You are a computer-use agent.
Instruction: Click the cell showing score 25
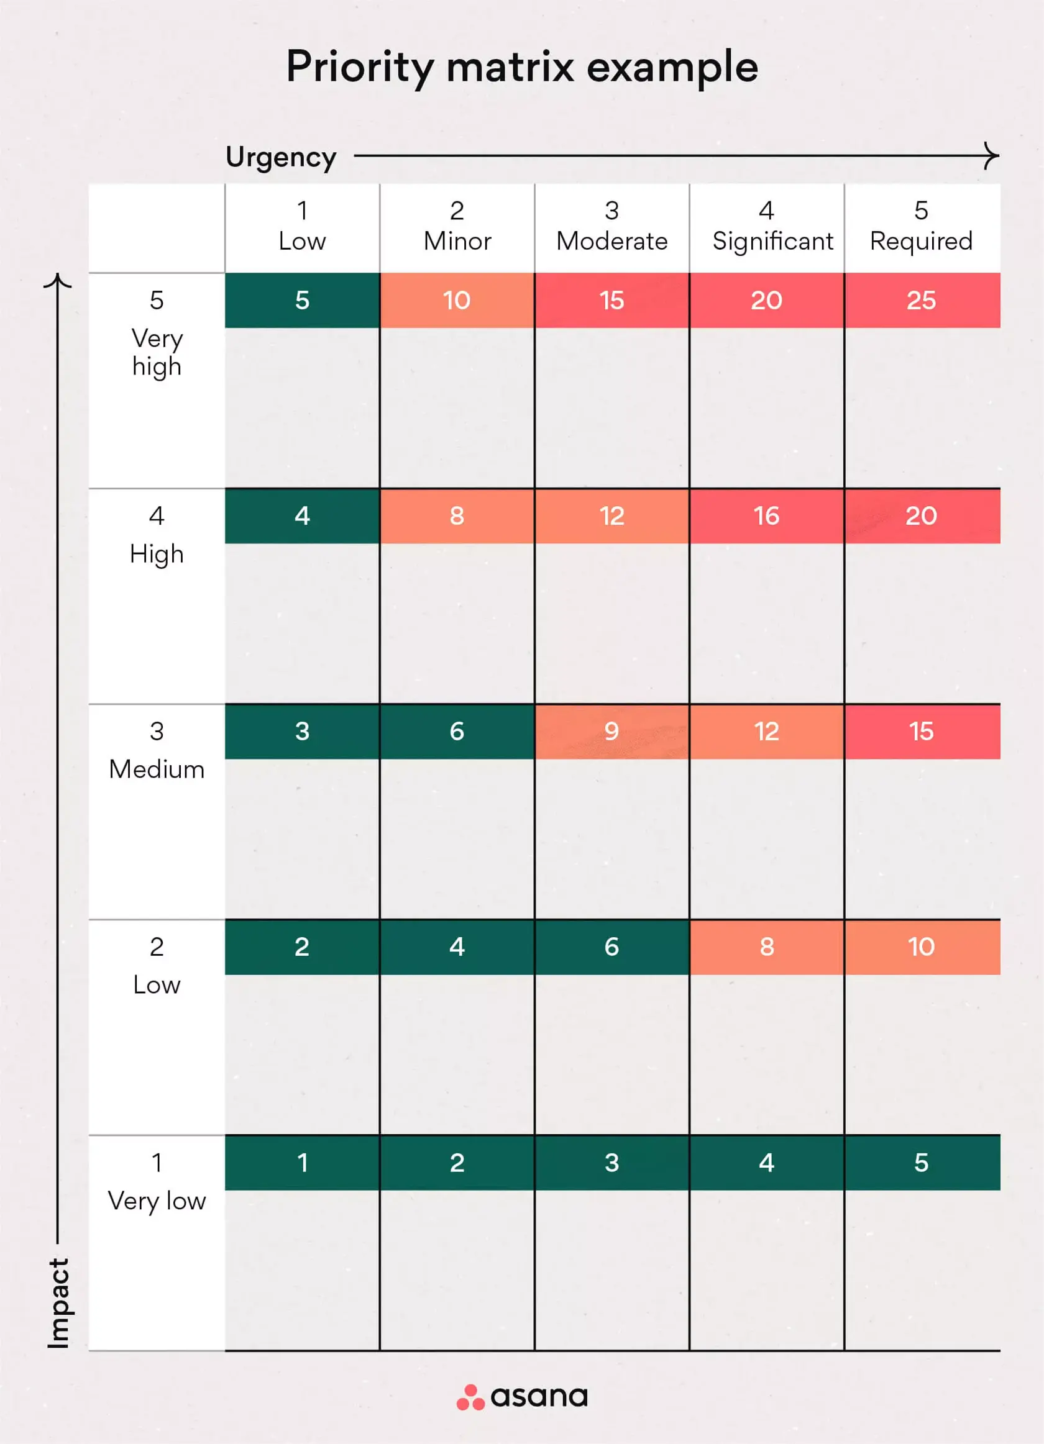click(x=921, y=301)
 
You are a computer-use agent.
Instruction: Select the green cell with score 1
click(x=302, y=1163)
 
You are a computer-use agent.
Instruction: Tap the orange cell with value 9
click(x=611, y=731)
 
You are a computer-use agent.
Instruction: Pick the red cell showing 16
click(x=766, y=515)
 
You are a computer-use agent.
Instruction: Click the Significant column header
click(x=772, y=227)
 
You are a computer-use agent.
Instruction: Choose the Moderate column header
click(x=611, y=227)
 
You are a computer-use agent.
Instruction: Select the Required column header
click(x=921, y=227)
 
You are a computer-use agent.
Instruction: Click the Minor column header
click(x=457, y=227)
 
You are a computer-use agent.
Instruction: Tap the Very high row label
click(x=157, y=337)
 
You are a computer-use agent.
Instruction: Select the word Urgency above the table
click(x=281, y=157)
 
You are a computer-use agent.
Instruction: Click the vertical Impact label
click(x=58, y=1302)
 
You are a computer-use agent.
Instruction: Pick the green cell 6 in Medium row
click(x=457, y=731)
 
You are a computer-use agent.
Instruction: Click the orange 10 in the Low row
click(x=921, y=947)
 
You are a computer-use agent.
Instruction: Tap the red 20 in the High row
click(x=921, y=515)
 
